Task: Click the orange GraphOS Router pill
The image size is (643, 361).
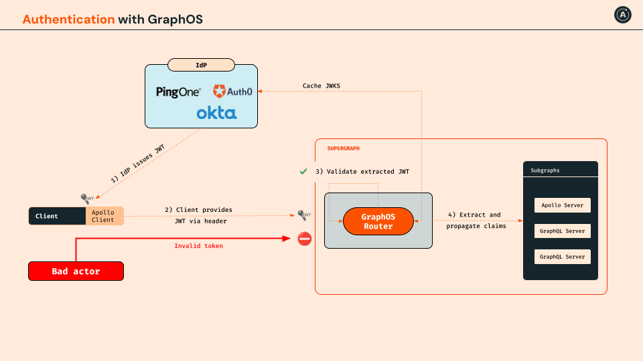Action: click(x=378, y=221)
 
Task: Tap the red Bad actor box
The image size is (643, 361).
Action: click(x=76, y=271)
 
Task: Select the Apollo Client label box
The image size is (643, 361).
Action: click(x=104, y=216)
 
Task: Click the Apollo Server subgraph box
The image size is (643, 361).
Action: click(x=562, y=205)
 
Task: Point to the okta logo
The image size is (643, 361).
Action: click(x=216, y=113)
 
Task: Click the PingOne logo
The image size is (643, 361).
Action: click(x=178, y=92)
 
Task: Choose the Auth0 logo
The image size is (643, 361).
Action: click(x=232, y=92)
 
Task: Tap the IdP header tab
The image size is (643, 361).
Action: click(x=202, y=65)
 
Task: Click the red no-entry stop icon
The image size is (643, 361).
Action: click(x=304, y=239)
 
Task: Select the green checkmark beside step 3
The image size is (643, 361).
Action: click(x=303, y=171)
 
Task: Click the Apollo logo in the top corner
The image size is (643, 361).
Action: click(x=622, y=15)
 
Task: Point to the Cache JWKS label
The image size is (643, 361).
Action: click(x=321, y=86)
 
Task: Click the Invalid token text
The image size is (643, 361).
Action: click(x=198, y=245)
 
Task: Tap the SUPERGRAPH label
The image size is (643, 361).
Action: click(x=343, y=148)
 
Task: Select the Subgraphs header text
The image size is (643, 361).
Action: click(x=545, y=170)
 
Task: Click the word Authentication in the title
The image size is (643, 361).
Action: click(x=68, y=19)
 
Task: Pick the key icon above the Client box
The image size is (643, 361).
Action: click(x=87, y=199)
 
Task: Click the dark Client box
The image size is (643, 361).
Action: click(x=57, y=216)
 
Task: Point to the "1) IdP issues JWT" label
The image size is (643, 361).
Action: click(x=138, y=163)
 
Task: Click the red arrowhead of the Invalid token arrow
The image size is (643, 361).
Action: click(x=287, y=238)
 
